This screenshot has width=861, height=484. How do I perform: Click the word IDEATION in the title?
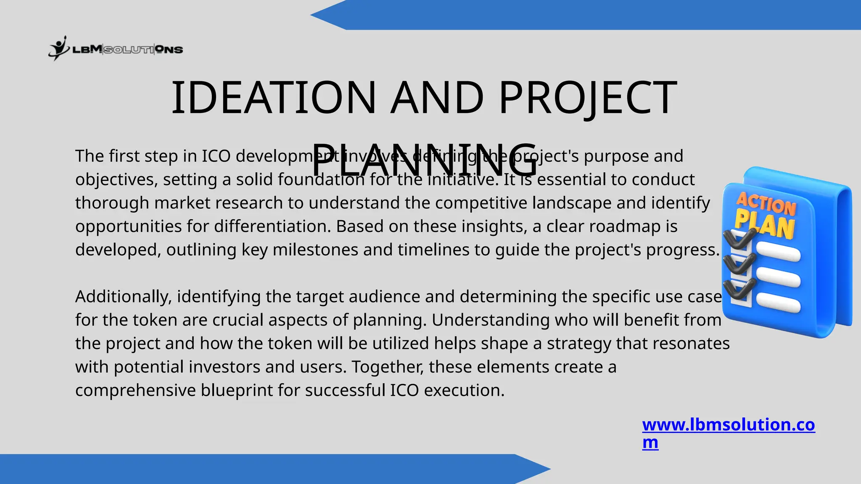point(273,97)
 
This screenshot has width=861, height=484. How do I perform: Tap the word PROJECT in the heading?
point(588,97)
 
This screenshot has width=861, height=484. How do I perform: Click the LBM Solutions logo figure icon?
point(58,48)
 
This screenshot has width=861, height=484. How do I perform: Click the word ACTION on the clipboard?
point(766,204)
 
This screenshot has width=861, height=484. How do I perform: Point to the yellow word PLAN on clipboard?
point(764,225)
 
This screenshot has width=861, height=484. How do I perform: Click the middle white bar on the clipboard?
point(778,279)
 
